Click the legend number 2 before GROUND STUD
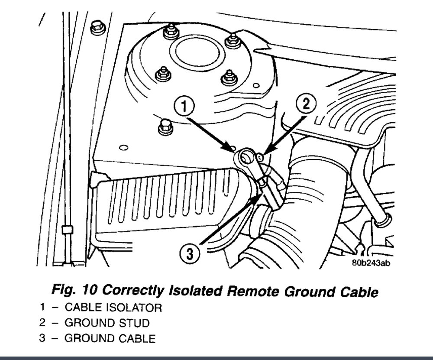pos(42,323)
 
